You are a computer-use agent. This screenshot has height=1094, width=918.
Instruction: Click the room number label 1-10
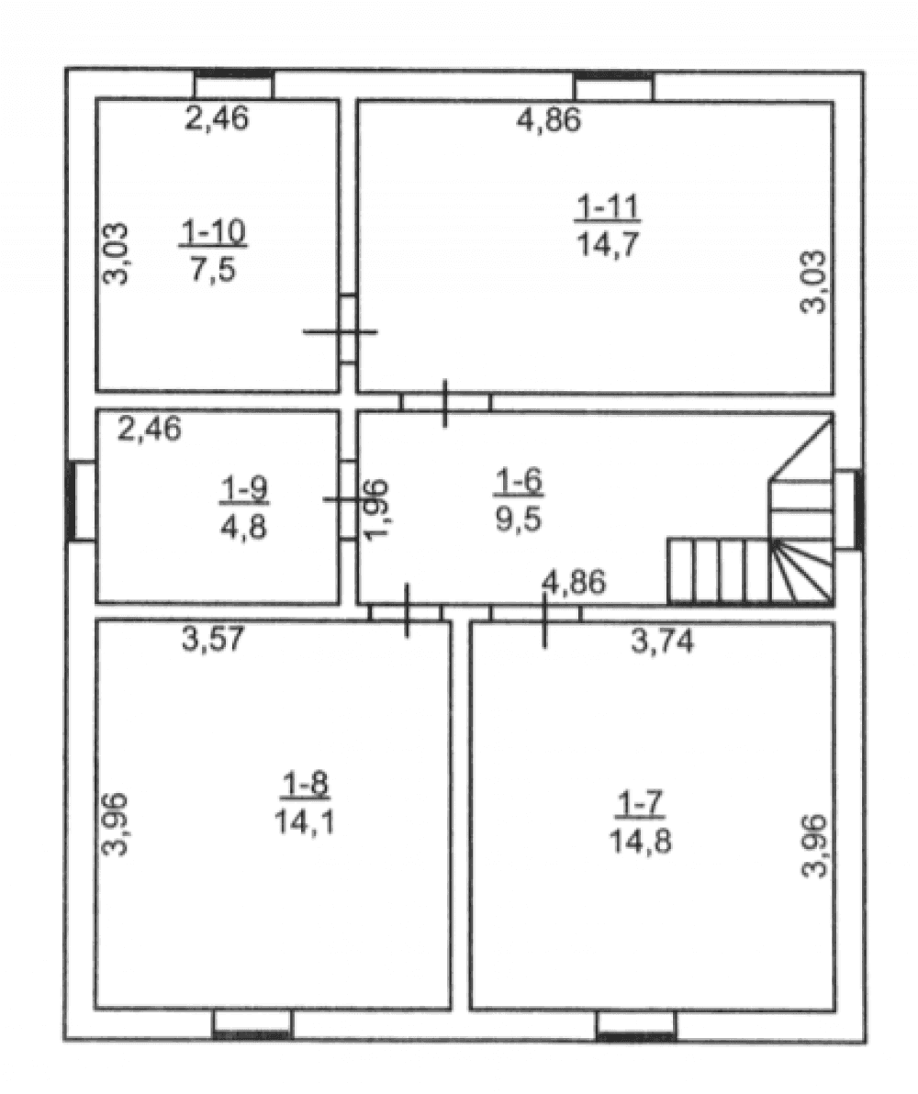pos(213,232)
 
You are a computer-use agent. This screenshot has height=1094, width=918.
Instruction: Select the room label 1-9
pos(243,490)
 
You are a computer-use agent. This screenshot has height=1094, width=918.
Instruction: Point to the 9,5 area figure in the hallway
pos(519,519)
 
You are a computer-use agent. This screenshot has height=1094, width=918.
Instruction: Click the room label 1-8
pos(305,785)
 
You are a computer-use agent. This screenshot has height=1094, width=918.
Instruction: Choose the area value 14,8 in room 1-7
pos(641,842)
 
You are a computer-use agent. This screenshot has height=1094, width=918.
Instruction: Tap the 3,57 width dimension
pos(213,639)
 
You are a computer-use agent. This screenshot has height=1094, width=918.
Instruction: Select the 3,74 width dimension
pos(663,641)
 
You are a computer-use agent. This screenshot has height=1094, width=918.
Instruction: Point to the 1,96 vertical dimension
pos(377,509)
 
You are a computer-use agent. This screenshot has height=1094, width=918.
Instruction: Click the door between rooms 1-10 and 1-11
pos(348,330)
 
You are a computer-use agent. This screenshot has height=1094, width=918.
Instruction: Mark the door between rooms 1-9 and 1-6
pos(348,499)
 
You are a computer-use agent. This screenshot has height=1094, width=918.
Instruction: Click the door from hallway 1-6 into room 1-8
pos(407,612)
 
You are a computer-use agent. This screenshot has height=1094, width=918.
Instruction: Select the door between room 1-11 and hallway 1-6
pos(446,403)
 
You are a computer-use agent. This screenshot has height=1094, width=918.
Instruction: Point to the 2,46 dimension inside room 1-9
pos(150,429)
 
